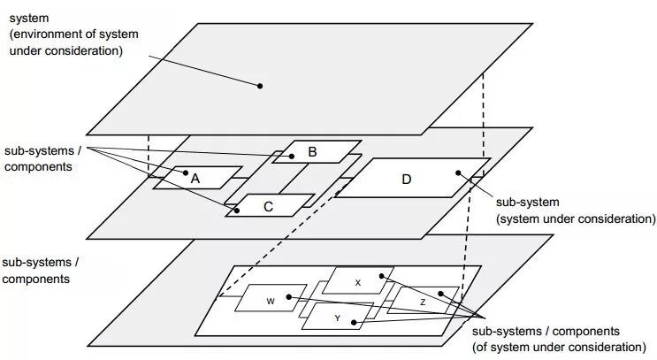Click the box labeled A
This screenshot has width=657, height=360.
click(x=196, y=178)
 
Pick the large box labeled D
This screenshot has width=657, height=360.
click(x=408, y=179)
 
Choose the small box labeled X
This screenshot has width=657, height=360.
click(x=357, y=281)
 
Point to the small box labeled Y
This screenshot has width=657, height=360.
click(x=336, y=317)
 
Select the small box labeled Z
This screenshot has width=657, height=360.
click(x=423, y=301)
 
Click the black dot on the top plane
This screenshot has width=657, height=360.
click(x=260, y=86)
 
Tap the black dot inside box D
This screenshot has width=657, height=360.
click(x=457, y=172)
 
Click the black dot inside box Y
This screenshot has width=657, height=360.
click(x=353, y=323)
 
